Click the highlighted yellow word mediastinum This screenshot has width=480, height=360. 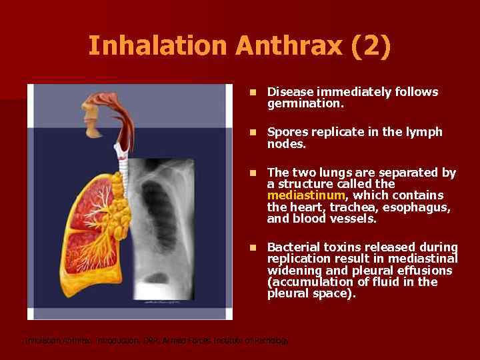click(x=306, y=195)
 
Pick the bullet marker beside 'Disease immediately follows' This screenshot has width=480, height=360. click(x=252, y=92)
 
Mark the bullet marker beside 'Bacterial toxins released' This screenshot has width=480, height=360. click(x=252, y=247)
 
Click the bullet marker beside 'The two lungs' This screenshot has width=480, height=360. click(x=252, y=173)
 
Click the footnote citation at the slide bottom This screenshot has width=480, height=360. click(x=157, y=341)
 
